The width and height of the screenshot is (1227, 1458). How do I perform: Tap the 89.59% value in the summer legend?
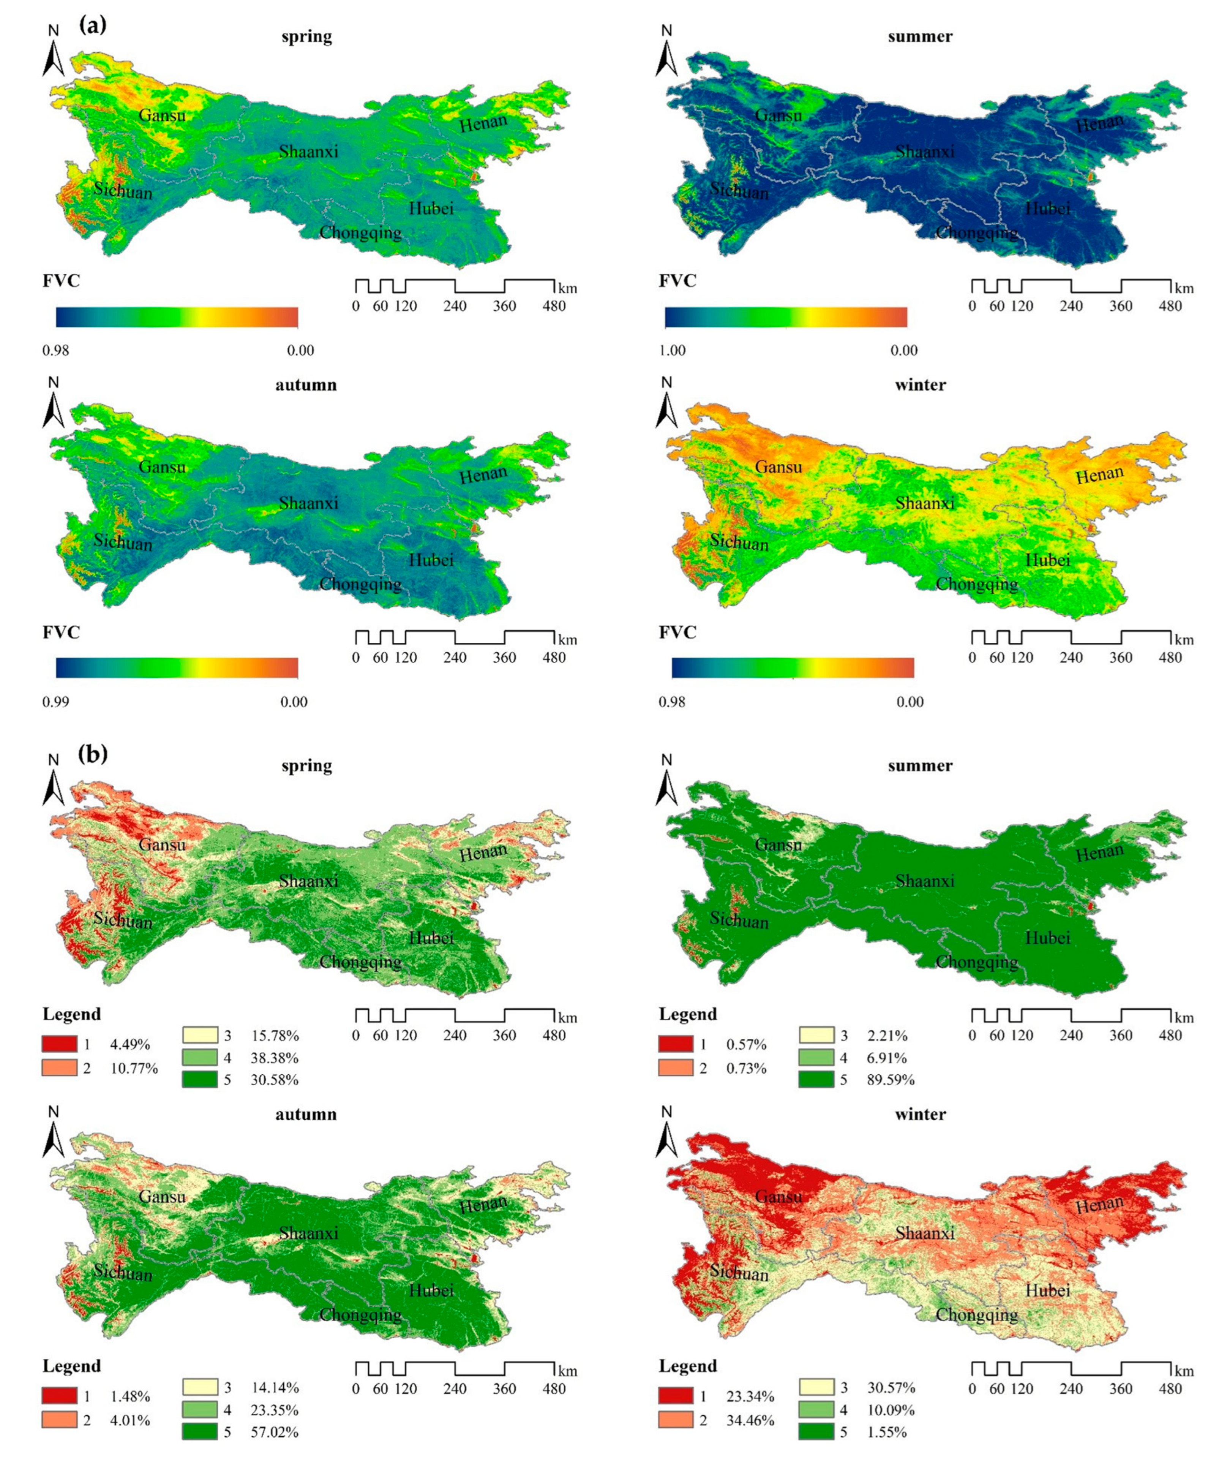[x=891, y=1080]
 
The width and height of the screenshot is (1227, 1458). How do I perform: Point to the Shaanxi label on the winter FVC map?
[x=924, y=503]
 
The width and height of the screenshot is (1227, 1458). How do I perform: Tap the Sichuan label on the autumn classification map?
[x=123, y=1272]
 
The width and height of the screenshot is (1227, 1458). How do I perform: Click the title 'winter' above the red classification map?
[x=920, y=1114]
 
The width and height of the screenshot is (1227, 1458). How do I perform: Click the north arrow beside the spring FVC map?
[x=54, y=52]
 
